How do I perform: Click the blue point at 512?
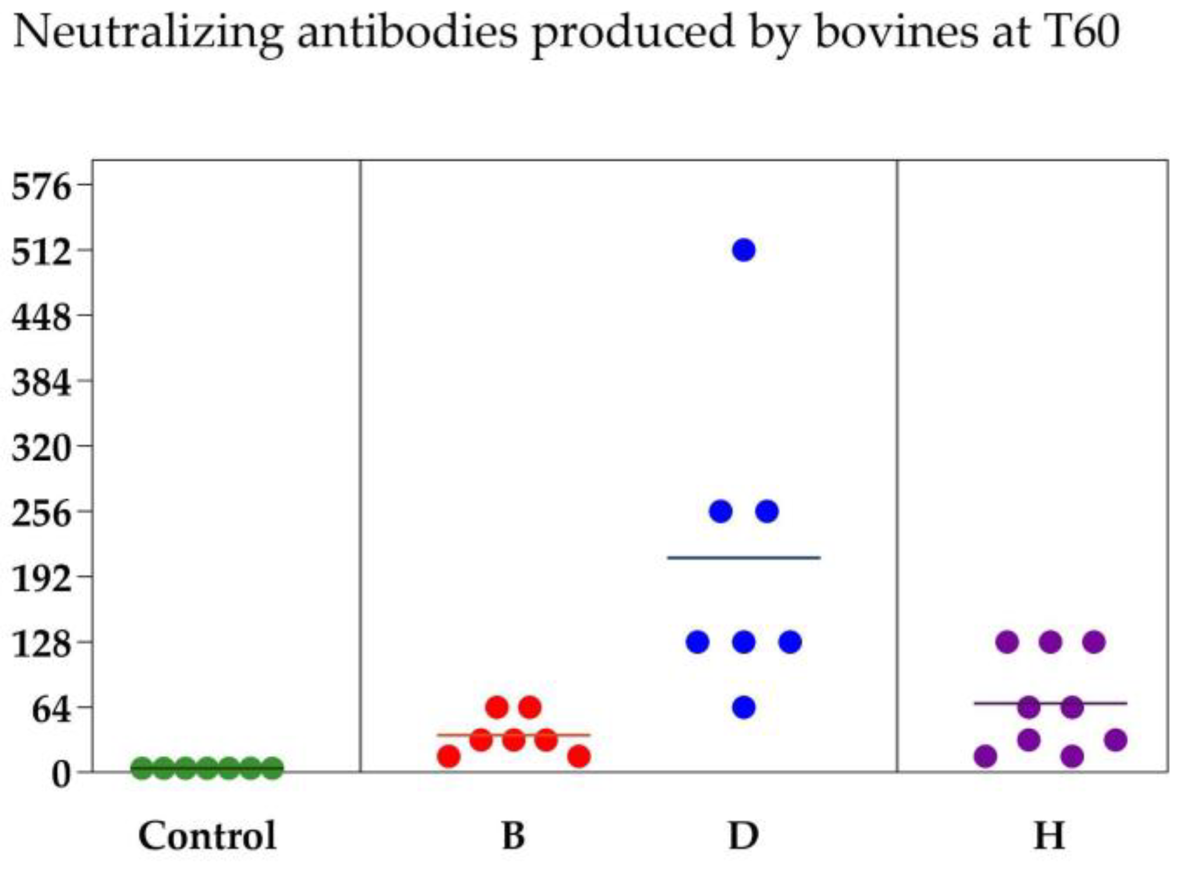pyautogui.click(x=744, y=250)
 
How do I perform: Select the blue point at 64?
pyautogui.click(x=744, y=707)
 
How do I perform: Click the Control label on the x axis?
pyautogui.click(x=207, y=835)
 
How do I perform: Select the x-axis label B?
pyautogui.click(x=513, y=835)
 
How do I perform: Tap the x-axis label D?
pyautogui.click(x=744, y=835)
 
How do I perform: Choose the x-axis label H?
pyautogui.click(x=1050, y=835)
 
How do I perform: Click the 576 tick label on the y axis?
pyautogui.click(x=41, y=187)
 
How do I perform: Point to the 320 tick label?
pyautogui.click(x=41, y=447)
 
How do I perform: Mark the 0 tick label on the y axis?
pyautogui.click(x=61, y=774)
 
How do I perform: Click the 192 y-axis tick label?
pyautogui.click(x=41, y=578)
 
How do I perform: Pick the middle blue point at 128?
pyautogui.click(x=744, y=642)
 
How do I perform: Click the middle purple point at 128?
pyautogui.click(x=1050, y=642)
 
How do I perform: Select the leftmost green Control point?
pyautogui.click(x=142, y=768)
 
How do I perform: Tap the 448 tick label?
pyautogui.click(x=41, y=317)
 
